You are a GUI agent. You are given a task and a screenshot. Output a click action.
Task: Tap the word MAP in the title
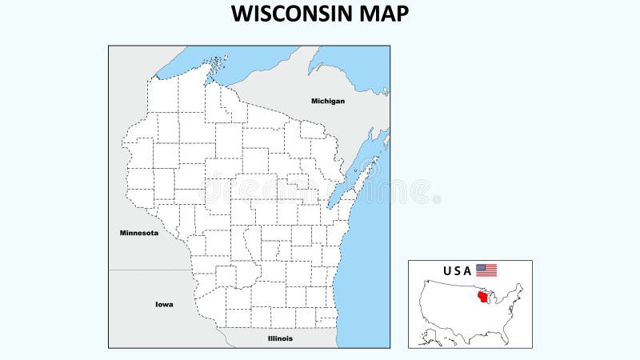382,14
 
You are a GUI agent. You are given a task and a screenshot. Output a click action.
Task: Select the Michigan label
328,101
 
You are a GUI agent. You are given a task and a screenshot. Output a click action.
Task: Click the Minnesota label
138,233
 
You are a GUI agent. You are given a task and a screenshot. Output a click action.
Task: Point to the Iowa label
164,304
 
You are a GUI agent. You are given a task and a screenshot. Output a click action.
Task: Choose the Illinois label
280,338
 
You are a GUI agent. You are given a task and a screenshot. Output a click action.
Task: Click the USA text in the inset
458,270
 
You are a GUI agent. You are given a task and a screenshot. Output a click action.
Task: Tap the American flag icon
486,270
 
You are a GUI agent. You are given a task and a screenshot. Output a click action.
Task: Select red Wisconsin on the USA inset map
482,298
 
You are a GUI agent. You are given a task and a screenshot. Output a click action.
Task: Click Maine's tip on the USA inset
520,287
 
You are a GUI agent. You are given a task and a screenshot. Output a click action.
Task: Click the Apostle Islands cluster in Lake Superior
215,62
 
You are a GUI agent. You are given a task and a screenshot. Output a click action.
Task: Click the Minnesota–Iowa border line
152,270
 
